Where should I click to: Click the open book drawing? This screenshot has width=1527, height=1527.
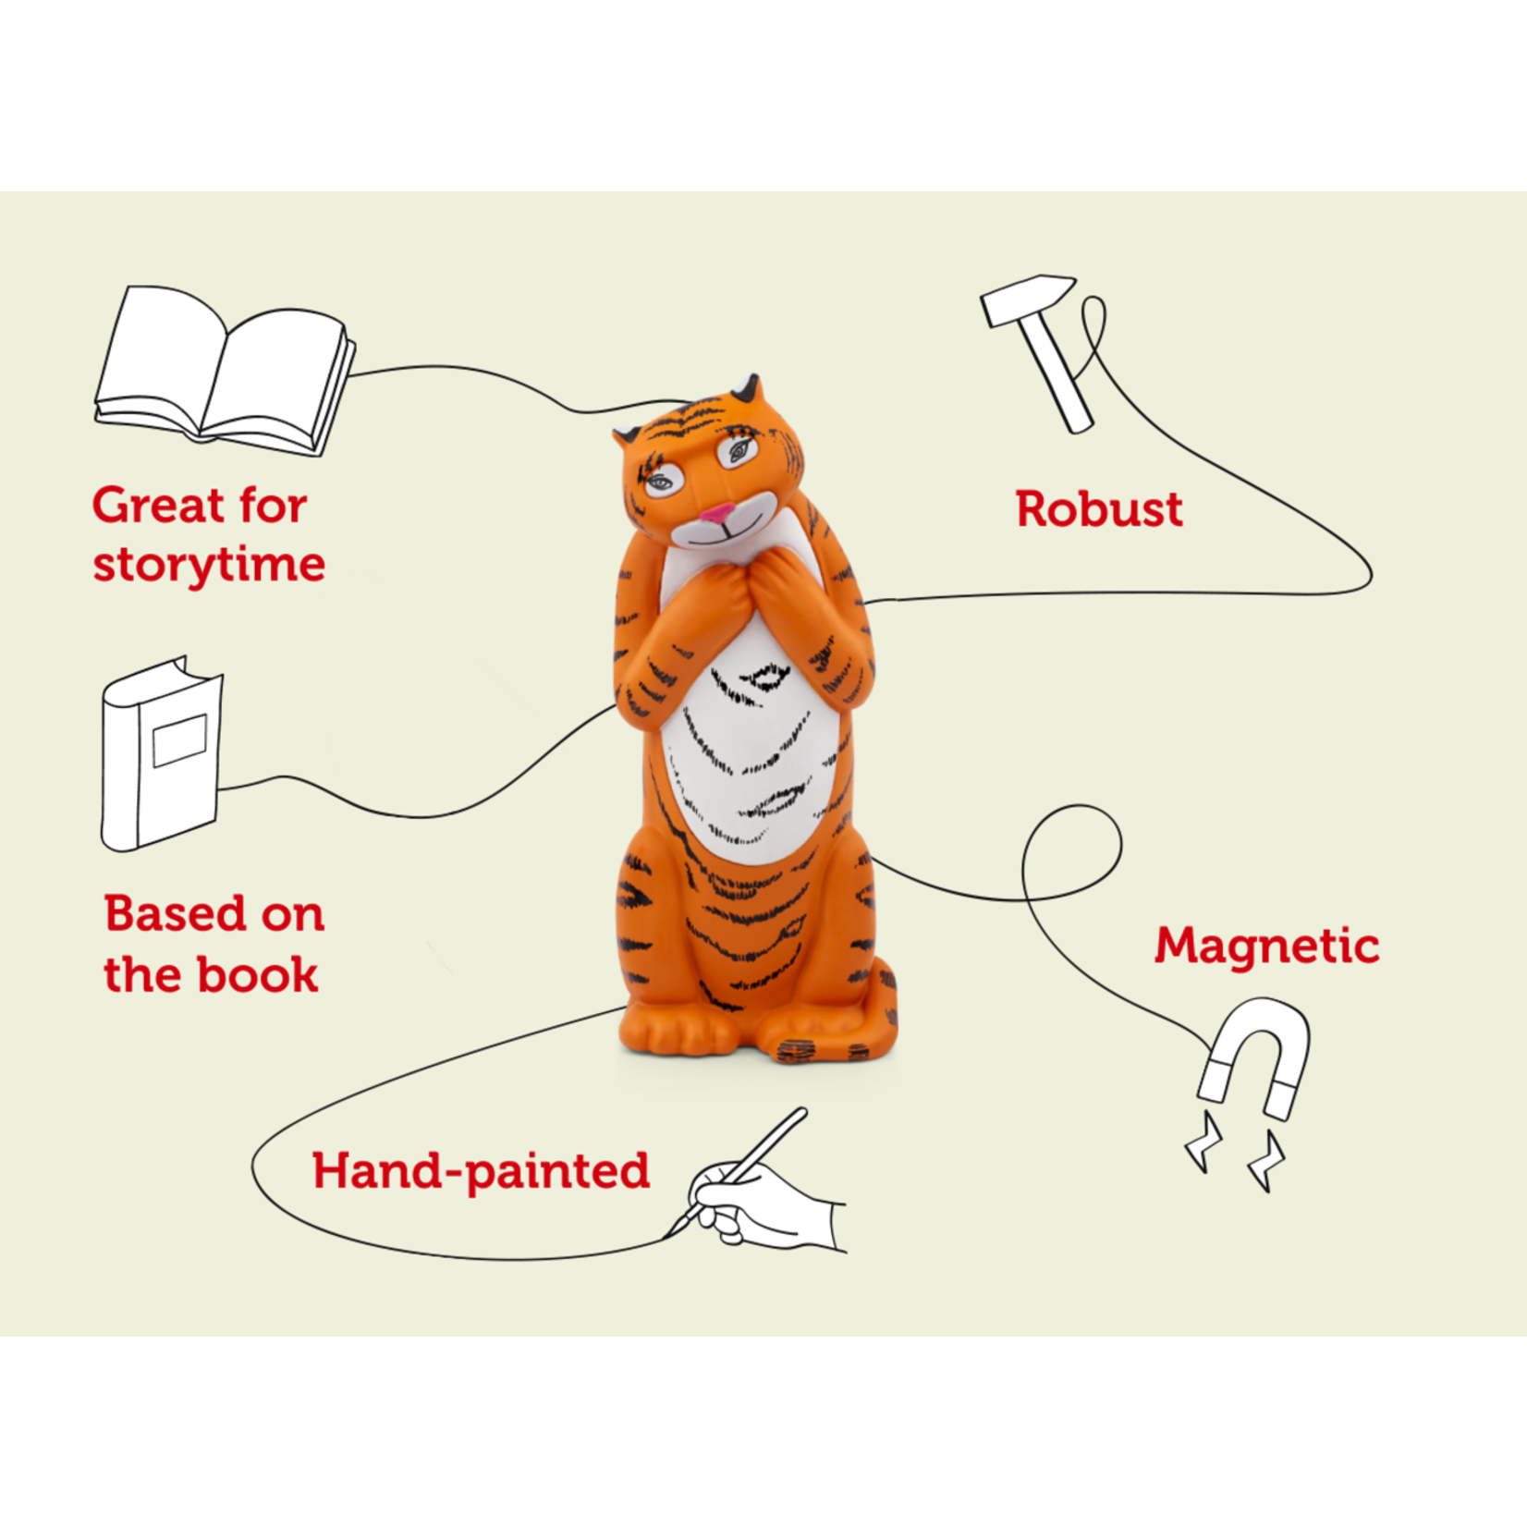pos(225,370)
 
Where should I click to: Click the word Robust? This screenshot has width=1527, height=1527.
pos(1099,509)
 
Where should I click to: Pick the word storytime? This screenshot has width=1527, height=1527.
pos(209,564)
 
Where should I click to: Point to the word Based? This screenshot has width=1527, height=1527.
pos(174,914)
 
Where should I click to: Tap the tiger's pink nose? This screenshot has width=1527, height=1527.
pos(716,511)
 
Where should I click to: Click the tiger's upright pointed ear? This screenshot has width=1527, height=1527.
pos(747,388)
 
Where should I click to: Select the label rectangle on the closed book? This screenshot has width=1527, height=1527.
pos(179,739)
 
